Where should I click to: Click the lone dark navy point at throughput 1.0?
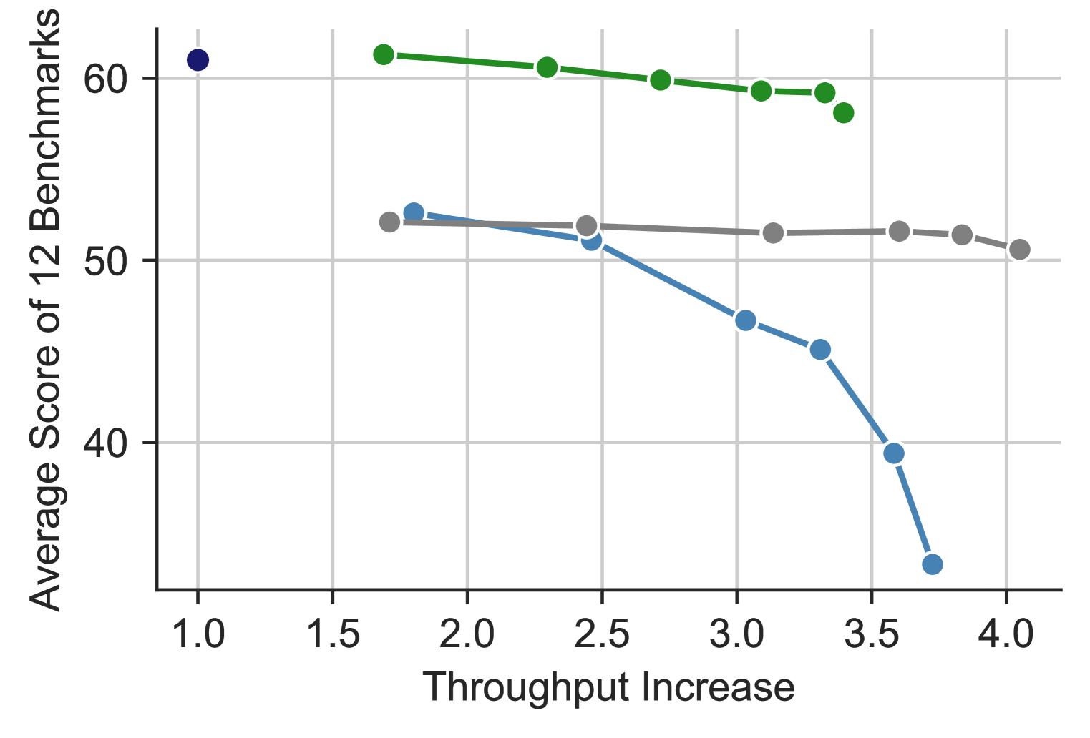coord(198,60)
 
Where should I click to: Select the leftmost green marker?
coord(384,54)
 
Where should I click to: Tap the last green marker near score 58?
coord(844,113)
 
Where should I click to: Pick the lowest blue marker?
coord(932,564)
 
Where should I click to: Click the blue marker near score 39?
coord(893,453)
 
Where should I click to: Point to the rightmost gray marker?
coord(1020,250)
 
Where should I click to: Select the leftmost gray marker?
coord(389,222)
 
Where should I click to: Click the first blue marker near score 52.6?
coord(414,212)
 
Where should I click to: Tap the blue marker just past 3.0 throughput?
coord(746,320)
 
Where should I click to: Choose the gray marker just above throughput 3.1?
coord(773,233)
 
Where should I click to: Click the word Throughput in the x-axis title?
coord(527,688)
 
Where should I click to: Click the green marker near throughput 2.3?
coord(547,68)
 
